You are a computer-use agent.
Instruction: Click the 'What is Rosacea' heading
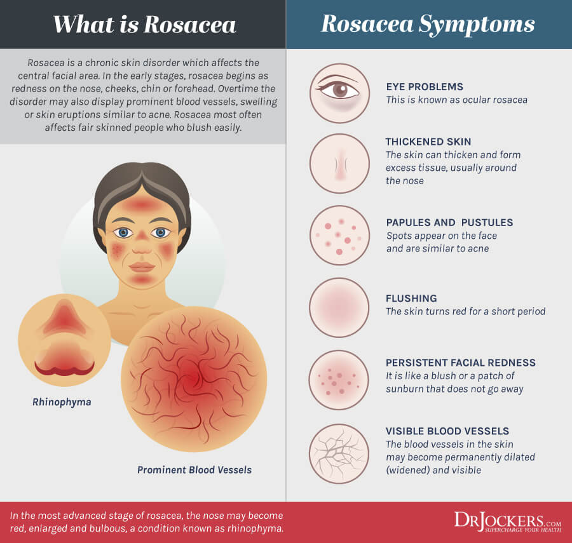[x=144, y=24]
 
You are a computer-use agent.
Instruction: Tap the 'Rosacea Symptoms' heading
[x=428, y=24]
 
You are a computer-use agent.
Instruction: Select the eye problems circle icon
[x=339, y=93]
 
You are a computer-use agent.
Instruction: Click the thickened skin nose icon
[x=339, y=163]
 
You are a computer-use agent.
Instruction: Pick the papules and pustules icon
[x=339, y=235]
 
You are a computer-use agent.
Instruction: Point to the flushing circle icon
[x=339, y=307]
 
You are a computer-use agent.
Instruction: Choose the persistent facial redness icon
[x=339, y=380]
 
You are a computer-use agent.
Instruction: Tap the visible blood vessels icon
[x=339, y=453]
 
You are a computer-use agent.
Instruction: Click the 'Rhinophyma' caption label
[x=62, y=402]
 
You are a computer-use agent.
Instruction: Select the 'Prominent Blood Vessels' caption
[x=194, y=470]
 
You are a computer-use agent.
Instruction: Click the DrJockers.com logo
[x=507, y=521]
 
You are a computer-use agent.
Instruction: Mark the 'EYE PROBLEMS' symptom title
[x=425, y=87]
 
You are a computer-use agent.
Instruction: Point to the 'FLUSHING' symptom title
[x=411, y=298]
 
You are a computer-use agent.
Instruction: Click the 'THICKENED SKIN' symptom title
[x=428, y=142]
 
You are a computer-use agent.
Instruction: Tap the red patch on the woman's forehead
[x=142, y=204]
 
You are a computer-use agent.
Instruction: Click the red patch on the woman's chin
[x=142, y=280]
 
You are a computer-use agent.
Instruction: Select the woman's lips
[x=142, y=267]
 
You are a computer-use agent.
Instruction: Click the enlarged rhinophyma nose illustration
[x=65, y=340]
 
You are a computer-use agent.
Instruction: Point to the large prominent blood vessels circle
[x=194, y=379]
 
